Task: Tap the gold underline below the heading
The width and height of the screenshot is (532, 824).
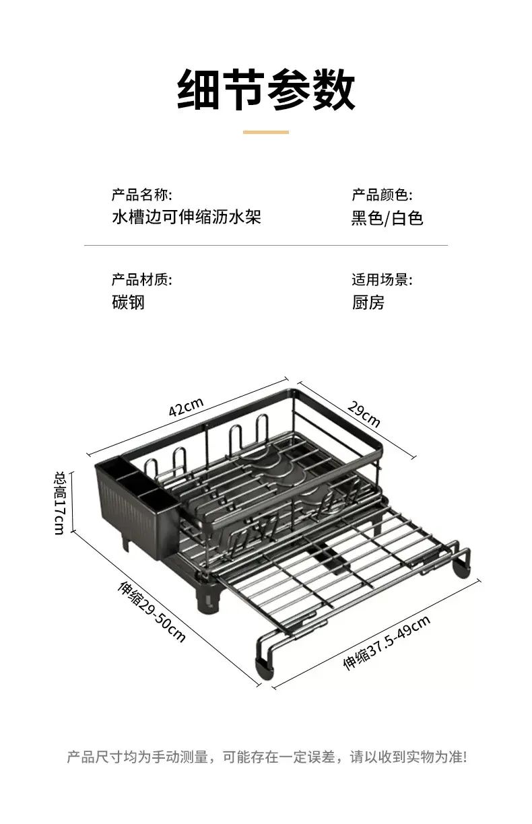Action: coord(265,132)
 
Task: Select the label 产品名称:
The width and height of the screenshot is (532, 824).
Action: coord(141,195)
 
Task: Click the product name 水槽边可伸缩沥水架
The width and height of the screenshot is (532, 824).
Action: coord(187,217)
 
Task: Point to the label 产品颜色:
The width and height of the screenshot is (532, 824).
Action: coord(382,195)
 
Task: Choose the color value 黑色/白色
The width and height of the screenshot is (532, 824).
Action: coord(387,217)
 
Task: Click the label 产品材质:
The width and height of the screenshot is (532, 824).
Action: coord(141,279)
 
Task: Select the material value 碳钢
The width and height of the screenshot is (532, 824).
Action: coord(128,302)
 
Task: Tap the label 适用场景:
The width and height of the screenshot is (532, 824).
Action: coord(382,279)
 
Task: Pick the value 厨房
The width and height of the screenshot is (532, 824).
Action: coord(368,302)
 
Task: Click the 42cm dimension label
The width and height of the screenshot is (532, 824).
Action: coord(186,407)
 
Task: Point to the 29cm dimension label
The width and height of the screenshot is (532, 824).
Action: coord(364,414)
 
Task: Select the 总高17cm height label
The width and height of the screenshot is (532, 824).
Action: coord(60,503)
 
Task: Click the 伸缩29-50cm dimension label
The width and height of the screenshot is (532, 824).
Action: coord(152,611)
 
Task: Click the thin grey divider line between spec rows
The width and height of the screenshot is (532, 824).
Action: coord(266,245)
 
